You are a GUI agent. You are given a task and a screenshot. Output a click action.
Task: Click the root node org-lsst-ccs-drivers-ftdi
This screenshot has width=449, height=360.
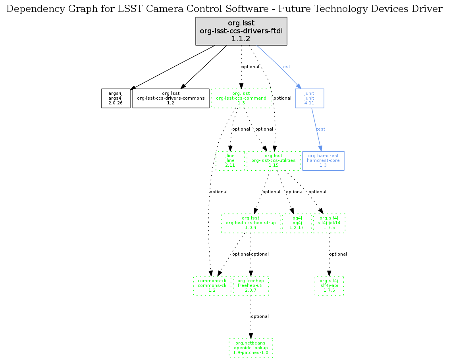click(x=241, y=31)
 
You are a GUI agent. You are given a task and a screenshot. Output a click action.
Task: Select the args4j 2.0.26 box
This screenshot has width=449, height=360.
click(x=116, y=98)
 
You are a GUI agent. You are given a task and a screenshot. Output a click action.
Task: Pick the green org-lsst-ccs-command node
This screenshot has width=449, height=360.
click(x=241, y=98)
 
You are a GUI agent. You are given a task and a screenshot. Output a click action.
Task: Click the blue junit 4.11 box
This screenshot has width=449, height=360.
click(x=309, y=98)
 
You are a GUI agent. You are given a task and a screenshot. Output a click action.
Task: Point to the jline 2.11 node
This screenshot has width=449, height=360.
click(x=230, y=160)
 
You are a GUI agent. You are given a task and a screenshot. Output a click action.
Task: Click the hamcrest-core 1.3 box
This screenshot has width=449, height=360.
click(x=323, y=160)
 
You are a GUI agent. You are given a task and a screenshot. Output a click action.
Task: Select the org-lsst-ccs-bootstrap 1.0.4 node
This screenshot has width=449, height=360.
click(x=251, y=223)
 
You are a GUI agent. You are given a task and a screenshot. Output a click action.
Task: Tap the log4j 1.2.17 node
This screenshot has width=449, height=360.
click(x=297, y=223)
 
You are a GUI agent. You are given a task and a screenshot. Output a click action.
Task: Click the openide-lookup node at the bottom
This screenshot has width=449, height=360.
click(x=251, y=348)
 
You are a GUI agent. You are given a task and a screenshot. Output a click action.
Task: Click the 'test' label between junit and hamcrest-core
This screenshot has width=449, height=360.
click(x=321, y=129)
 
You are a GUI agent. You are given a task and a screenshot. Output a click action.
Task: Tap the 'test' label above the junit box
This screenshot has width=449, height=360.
click(x=286, y=67)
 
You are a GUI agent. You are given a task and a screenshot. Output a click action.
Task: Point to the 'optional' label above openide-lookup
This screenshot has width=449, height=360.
click(x=260, y=317)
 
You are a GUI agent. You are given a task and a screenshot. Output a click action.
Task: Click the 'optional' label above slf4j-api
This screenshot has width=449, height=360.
click(x=338, y=254)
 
